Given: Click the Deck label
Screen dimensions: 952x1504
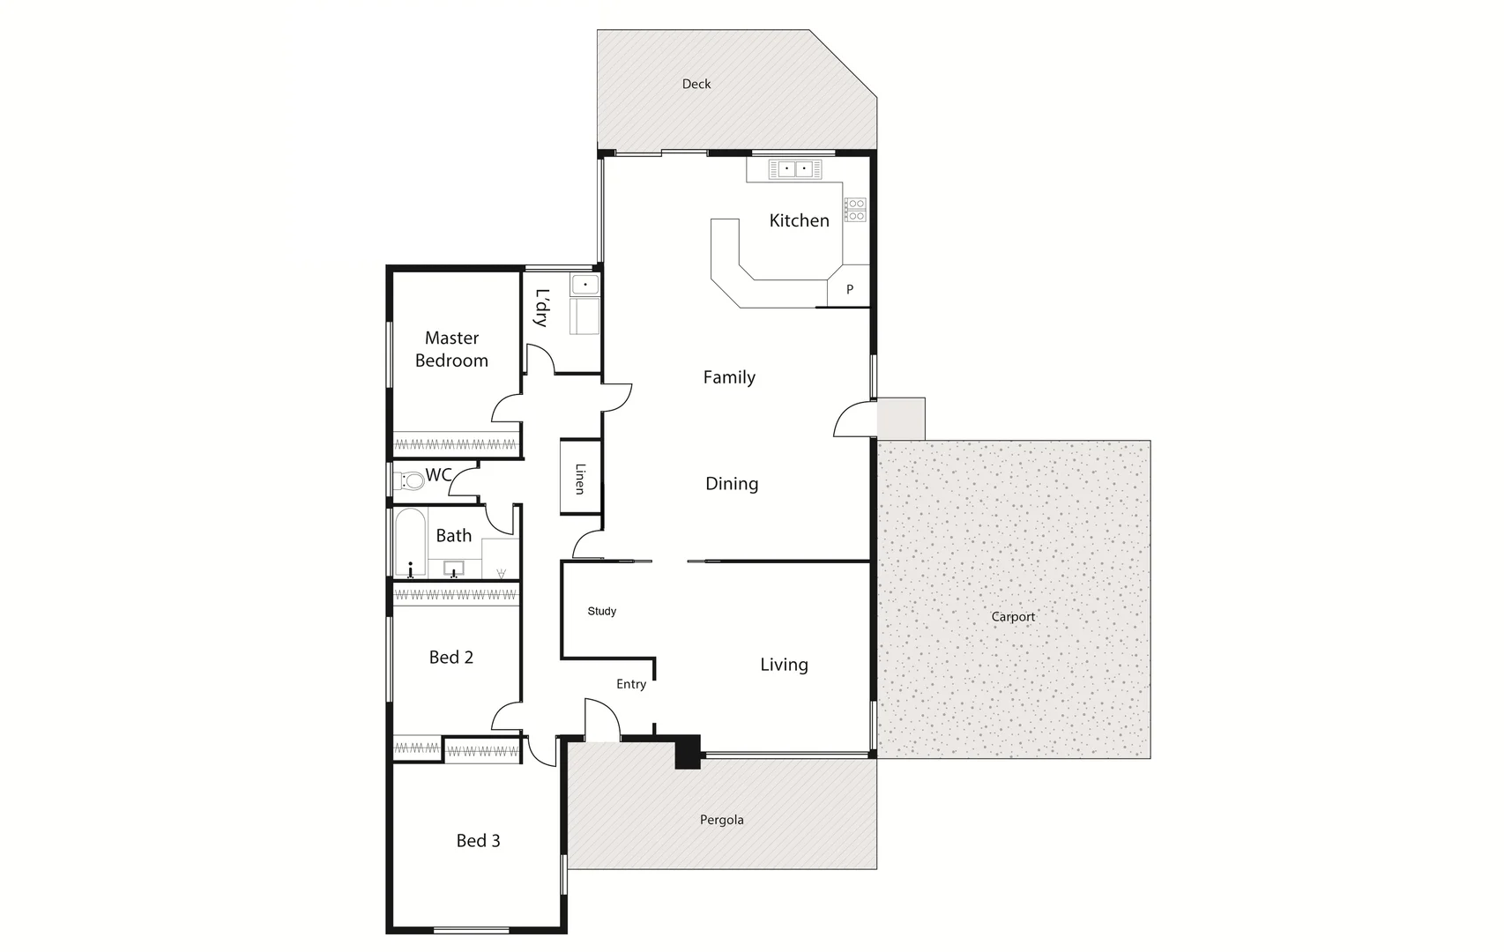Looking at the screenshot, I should point(696,85).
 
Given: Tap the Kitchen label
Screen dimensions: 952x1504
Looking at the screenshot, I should point(799,220).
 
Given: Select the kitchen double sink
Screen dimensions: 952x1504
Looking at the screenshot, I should point(794,168).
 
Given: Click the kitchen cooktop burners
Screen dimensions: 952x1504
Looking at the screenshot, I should point(855,210).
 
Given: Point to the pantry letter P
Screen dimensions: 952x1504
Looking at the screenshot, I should point(850,289).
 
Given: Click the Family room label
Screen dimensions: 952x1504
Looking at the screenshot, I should point(729,377).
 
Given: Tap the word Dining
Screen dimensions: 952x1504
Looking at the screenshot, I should point(732,484).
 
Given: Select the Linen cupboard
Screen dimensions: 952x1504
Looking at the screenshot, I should point(580,478).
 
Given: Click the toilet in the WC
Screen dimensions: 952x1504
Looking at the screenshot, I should point(410,481).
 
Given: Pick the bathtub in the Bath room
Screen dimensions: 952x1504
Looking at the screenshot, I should point(410,541).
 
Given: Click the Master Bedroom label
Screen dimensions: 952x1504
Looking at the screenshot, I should point(451,349).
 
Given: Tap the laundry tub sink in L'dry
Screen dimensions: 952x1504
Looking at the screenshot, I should point(584,285).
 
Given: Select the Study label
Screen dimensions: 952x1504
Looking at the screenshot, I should point(602,611).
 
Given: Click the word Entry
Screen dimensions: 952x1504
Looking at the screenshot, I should point(631,684).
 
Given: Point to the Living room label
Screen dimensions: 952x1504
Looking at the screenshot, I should point(784,665).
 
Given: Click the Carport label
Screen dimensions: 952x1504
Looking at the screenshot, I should point(1013,617).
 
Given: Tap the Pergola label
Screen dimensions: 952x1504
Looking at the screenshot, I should point(722,820).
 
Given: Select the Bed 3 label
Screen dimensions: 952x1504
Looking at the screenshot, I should point(478,841).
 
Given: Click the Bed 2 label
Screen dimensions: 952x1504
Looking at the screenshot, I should point(451,658).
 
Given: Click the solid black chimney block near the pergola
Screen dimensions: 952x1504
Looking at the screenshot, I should point(687,752).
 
